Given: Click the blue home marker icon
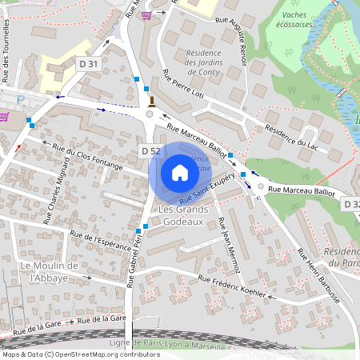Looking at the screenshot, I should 179,173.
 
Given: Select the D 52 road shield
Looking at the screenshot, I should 151,150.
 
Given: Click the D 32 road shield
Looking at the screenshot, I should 351,206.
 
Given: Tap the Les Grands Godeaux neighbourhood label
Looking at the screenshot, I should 183,215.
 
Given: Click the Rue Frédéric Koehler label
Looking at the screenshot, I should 231,286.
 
